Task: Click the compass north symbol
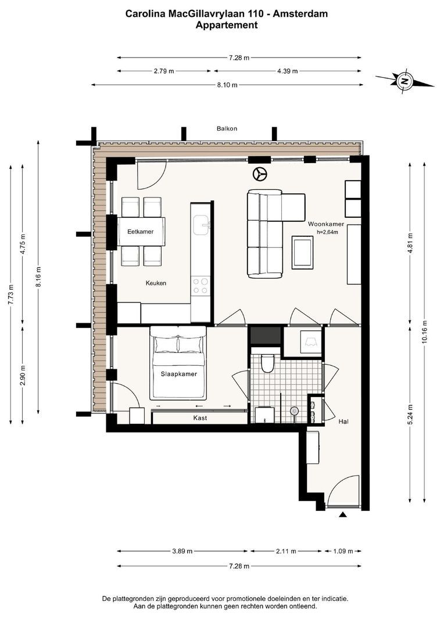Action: click(404, 81)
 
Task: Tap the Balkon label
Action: click(227, 128)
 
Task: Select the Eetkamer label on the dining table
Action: click(141, 232)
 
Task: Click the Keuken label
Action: click(156, 283)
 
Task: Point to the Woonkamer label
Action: click(326, 224)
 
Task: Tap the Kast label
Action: click(200, 418)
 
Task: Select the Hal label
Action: click(343, 421)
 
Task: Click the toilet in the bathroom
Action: click(267, 363)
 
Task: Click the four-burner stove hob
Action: click(200, 286)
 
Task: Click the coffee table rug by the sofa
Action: click(303, 253)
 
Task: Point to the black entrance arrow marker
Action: click(342, 515)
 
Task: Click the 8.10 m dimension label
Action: click(227, 85)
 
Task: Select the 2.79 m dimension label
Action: click(164, 71)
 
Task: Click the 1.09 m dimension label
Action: click(343, 551)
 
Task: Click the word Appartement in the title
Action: click(227, 25)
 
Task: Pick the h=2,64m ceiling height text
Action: click(325, 232)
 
